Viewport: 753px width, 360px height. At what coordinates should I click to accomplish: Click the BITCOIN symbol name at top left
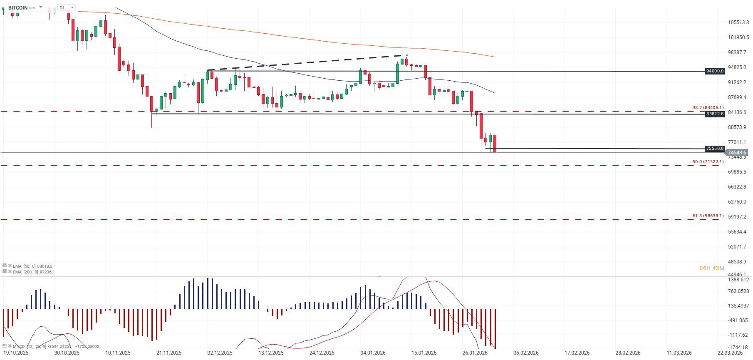tap(17, 7)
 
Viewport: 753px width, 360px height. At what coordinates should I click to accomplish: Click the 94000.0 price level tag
tap(715, 71)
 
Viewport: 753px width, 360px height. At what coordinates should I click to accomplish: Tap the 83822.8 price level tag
tap(715, 114)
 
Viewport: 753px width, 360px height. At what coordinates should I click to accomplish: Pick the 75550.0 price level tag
tap(715, 149)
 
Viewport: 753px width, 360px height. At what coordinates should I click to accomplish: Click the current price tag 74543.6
tap(737, 153)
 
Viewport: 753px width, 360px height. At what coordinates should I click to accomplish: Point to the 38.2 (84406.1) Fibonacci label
tap(708, 107)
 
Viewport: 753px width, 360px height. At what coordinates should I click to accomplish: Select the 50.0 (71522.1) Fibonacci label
tap(708, 161)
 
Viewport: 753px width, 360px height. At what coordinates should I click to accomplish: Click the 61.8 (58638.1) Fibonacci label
tap(708, 216)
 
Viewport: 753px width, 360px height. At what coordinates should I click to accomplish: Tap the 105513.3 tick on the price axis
tap(738, 22)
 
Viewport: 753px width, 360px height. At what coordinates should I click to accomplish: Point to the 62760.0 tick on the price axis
tap(737, 202)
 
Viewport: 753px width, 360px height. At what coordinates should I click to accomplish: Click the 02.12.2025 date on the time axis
tap(220, 353)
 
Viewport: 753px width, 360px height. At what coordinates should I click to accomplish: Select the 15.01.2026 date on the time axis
tap(424, 353)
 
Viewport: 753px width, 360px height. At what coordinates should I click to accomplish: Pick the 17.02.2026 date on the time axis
tap(577, 353)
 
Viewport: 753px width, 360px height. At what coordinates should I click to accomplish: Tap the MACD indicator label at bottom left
tap(19, 346)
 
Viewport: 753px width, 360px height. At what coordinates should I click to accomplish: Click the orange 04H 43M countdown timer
tap(711, 268)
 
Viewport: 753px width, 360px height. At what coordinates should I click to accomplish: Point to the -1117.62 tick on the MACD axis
tap(738, 335)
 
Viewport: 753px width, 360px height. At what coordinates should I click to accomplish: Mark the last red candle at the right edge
tap(495, 143)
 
